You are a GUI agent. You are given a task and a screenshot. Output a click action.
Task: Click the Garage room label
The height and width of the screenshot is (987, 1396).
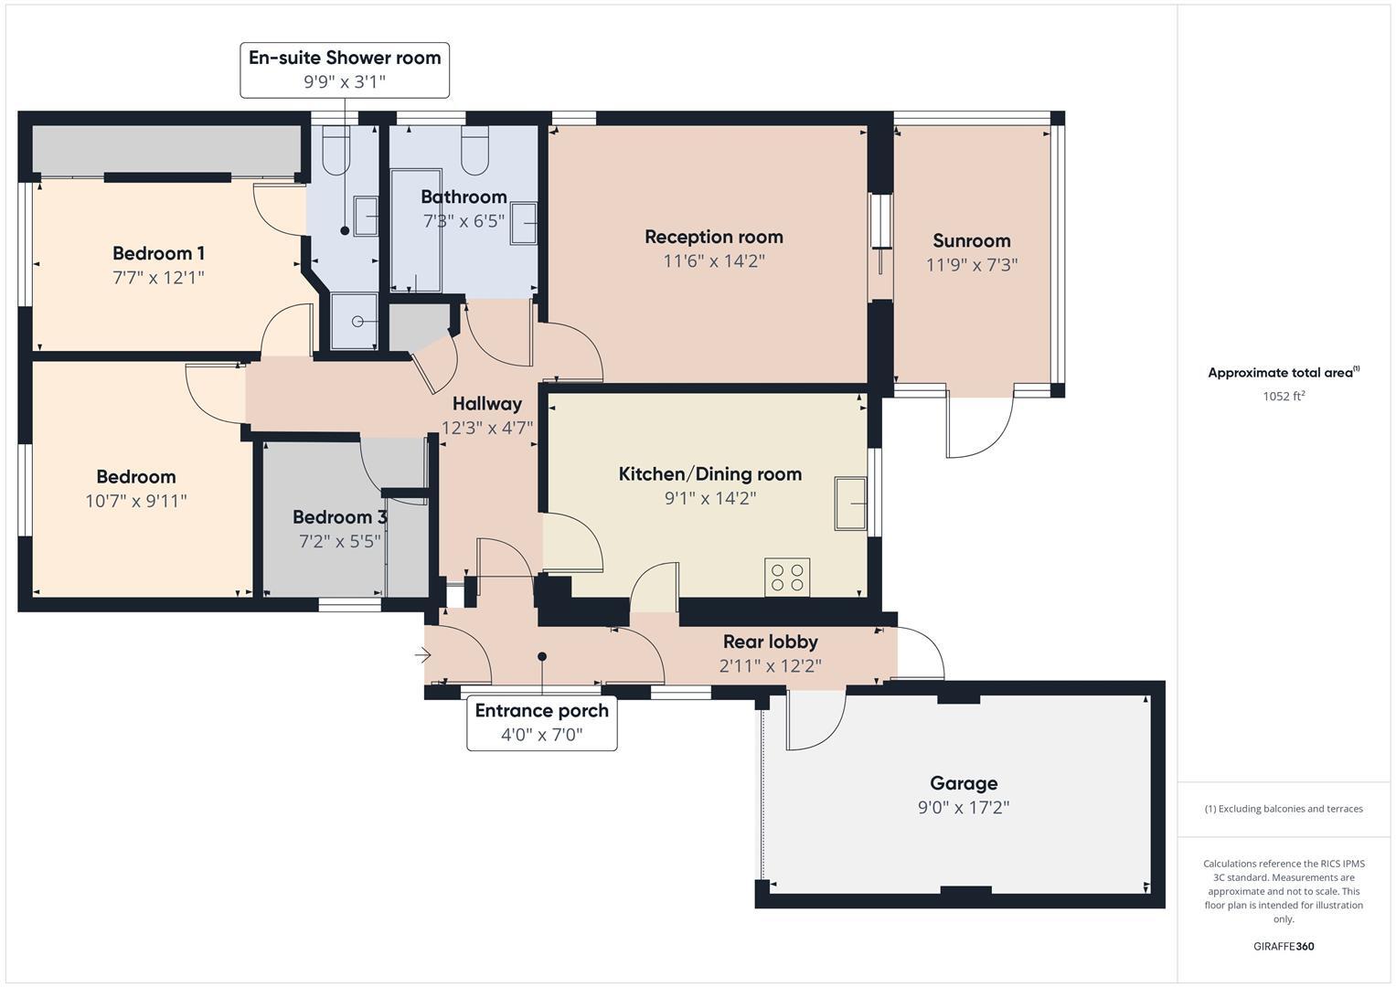(x=964, y=783)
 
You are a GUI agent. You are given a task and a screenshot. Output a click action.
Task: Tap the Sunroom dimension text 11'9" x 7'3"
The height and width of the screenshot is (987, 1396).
(x=971, y=265)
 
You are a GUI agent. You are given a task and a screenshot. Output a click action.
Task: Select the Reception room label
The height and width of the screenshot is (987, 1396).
(x=713, y=237)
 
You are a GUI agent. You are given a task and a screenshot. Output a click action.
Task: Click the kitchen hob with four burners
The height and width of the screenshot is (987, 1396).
(x=787, y=578)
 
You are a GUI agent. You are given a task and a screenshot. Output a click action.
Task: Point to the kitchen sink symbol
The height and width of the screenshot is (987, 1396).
(x=851, y=503)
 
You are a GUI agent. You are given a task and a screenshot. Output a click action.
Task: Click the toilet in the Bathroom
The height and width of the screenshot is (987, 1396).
(x=474, y=152)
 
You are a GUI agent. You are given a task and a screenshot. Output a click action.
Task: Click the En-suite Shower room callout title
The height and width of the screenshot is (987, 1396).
(x=345, y=58)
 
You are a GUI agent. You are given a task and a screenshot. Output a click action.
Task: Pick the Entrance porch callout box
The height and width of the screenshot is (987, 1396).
(x=541, y=723)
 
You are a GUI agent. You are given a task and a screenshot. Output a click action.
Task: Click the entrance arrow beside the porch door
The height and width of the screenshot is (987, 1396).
(x=422, y=655)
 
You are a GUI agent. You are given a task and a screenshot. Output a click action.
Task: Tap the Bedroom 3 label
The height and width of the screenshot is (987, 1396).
(x=339, y=517)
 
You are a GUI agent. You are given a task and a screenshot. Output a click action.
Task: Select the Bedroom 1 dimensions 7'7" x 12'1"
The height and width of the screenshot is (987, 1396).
(x=158, y=277)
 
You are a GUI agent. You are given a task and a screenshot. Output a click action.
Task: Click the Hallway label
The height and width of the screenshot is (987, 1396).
(x=486, y=403)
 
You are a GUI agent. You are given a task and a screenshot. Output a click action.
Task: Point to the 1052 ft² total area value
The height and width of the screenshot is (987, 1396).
(x=1283, y=397)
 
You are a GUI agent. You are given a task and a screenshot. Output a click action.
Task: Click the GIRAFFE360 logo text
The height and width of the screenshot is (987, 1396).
(x=1283, y=946)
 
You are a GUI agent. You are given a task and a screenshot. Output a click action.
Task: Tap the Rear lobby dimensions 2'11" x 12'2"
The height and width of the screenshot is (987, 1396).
(x=770, y=666)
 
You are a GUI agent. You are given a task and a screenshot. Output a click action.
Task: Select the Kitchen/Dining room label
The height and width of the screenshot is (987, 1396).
(x=709, y=473)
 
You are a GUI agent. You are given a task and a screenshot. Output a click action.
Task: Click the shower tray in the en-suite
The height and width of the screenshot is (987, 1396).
(x=354, y=321)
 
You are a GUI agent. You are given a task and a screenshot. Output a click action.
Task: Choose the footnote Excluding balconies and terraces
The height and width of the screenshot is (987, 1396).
(x=1283, y=809)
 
